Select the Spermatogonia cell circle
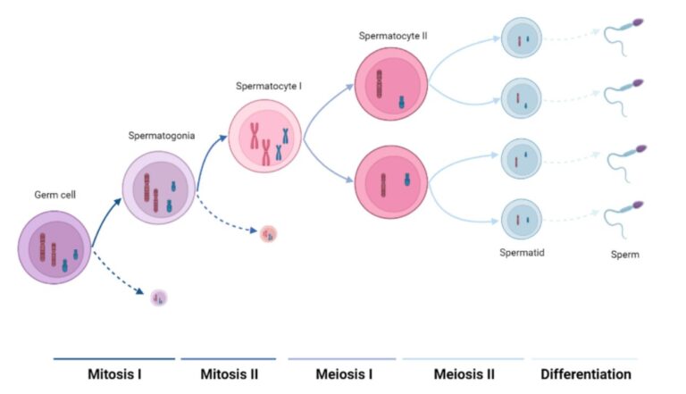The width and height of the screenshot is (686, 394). (x=159, y=187)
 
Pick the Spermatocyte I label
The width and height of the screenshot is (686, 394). (x=269, y=87)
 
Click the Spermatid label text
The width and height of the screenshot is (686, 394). (x=522, y=253)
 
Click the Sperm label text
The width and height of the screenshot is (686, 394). (x=625, y=254)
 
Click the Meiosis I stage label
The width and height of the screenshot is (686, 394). (x=344, y=373)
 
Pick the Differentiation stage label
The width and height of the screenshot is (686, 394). (x=585, y=373)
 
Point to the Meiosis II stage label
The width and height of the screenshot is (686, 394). (x=464, y=373)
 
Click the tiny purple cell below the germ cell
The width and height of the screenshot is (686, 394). (x=159, y=298)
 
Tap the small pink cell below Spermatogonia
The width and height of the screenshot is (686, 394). (x=269, y=234)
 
